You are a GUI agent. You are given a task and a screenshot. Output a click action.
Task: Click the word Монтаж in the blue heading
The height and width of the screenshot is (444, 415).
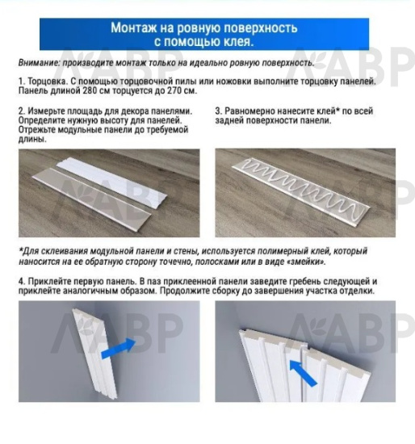[136, 28]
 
